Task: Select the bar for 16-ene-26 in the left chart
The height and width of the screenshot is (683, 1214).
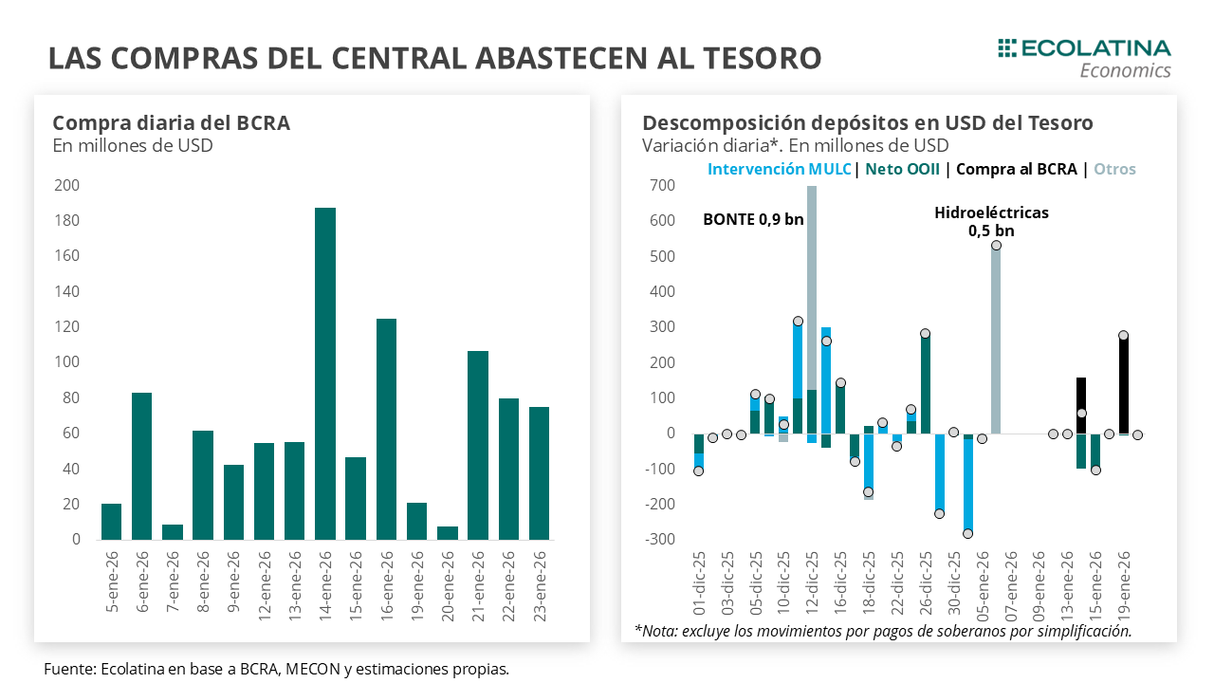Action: pos(386,429)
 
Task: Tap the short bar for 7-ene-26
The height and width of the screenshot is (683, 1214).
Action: pos(173,532)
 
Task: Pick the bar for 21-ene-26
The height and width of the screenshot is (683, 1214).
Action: pos(478,445)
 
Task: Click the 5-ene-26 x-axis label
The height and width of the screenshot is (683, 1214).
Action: pos(112,581)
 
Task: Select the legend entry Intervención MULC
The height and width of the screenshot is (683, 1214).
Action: pos(779,169)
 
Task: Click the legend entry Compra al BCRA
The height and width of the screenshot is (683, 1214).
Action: pos(1016,169)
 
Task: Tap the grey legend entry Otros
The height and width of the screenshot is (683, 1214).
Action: pos(1114,169)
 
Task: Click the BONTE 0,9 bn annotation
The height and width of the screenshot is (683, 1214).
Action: pos(753,219)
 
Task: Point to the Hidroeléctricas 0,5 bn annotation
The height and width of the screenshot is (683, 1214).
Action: pos(991,221)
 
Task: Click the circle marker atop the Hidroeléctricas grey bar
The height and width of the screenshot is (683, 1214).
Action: pos(996,246)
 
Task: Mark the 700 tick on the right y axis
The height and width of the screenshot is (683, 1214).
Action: pos(662,186)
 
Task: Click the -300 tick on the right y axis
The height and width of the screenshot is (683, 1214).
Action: pos(660,540)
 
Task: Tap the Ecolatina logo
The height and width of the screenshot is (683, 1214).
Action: pos(1084,57)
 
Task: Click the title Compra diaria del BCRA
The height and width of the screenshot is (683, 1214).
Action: pos(171,123)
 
